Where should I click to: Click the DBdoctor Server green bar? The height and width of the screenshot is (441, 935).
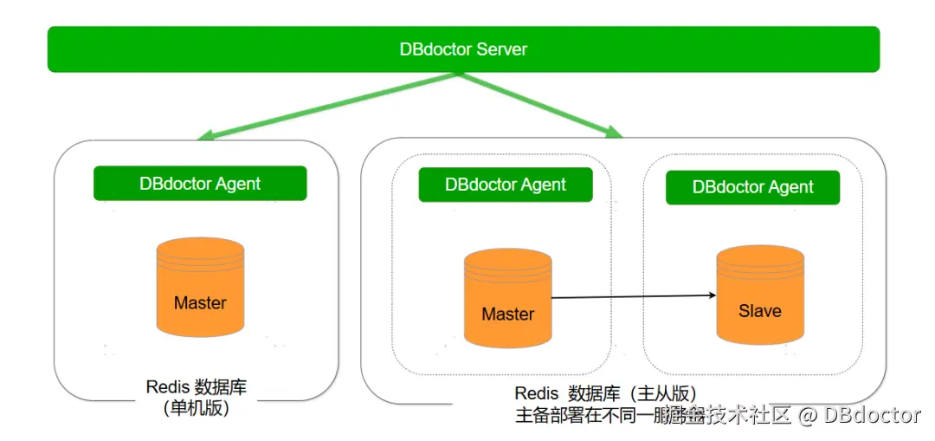coord(463,49)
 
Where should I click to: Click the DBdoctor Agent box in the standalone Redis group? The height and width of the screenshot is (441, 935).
coord(200,184)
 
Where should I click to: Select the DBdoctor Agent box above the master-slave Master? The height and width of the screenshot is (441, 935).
coord(506,185)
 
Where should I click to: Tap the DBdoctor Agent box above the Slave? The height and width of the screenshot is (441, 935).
coord(752,187)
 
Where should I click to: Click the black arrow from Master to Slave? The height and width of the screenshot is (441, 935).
coord(632,297)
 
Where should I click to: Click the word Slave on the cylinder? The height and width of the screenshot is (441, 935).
coord(760,311)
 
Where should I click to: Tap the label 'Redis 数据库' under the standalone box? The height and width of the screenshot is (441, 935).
coord(197,386)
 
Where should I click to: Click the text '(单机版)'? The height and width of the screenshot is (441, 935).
coord(197,409)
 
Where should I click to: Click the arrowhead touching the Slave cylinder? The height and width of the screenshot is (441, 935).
coord(711,295)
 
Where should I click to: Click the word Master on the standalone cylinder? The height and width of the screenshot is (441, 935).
coord(200,303)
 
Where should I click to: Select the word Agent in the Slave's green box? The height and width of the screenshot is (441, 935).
coord(790,187)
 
